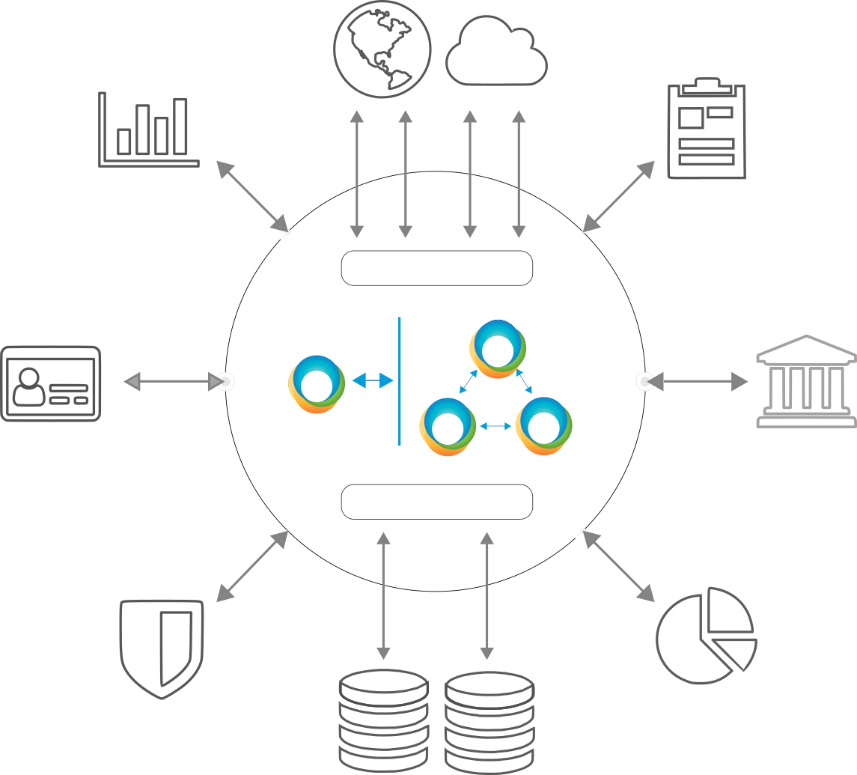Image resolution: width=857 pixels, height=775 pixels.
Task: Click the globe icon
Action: point(382,49)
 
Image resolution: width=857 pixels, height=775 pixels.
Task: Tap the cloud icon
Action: point(496,52)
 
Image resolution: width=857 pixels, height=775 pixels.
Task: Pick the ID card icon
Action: point(50,383)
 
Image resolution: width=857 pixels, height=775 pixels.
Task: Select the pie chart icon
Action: point(706,635)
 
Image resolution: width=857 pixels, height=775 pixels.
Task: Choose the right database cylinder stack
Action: point(490,719)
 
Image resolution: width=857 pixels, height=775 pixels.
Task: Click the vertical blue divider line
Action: point(400,381)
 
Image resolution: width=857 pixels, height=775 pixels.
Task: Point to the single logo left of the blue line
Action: point(317,384)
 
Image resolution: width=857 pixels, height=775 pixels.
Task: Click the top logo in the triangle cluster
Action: point(498,349)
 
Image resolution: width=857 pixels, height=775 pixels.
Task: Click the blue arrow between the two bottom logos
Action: point(495,426)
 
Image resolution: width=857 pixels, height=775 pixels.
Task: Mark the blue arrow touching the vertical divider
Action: point(373,381)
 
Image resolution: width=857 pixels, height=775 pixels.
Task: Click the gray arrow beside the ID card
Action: point(173,382)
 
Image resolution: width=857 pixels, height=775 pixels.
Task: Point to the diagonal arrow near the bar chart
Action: point(252,196)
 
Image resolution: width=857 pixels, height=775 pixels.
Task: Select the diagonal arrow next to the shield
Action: point(252,566)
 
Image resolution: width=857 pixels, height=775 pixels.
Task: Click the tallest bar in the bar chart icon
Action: point(180,127)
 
